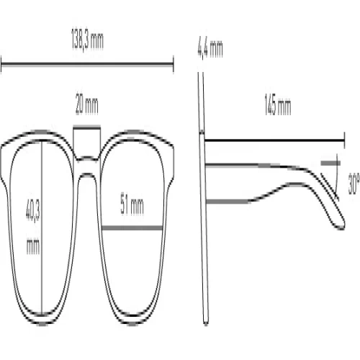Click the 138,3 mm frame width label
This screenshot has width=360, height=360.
pyautogui.click(x=87, y=40)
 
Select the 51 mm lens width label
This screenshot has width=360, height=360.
pyautogui.click(x=132, y=206)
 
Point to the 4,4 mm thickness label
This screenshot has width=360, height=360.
pyautogui.click(x=210, y=49)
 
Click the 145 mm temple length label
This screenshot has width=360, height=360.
pyautogui.click(x=278, y=105)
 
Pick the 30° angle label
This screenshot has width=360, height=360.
pyautogui.click(x=354, y=184)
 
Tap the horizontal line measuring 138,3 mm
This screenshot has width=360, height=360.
pyautogui.click(x=87, y=64)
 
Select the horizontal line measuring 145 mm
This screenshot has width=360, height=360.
pyautogui.click(x=274, y=140)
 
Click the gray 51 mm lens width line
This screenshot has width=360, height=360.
pyautogui.click(x=132, y=228)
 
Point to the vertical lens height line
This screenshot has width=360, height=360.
pyautogui.click(x=42, y=228)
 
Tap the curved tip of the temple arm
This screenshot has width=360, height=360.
pyautogui.click(x=341, y=225)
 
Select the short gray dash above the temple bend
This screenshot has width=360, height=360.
pyautogui.click(x=330, y=163)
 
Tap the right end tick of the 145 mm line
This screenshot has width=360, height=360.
pyautogui.click(x=344, y=140)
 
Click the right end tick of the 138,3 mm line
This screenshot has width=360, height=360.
pyautogui.click(x=173, y=64)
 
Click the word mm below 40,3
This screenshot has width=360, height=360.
pyautogui.click(x=33, y=246)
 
